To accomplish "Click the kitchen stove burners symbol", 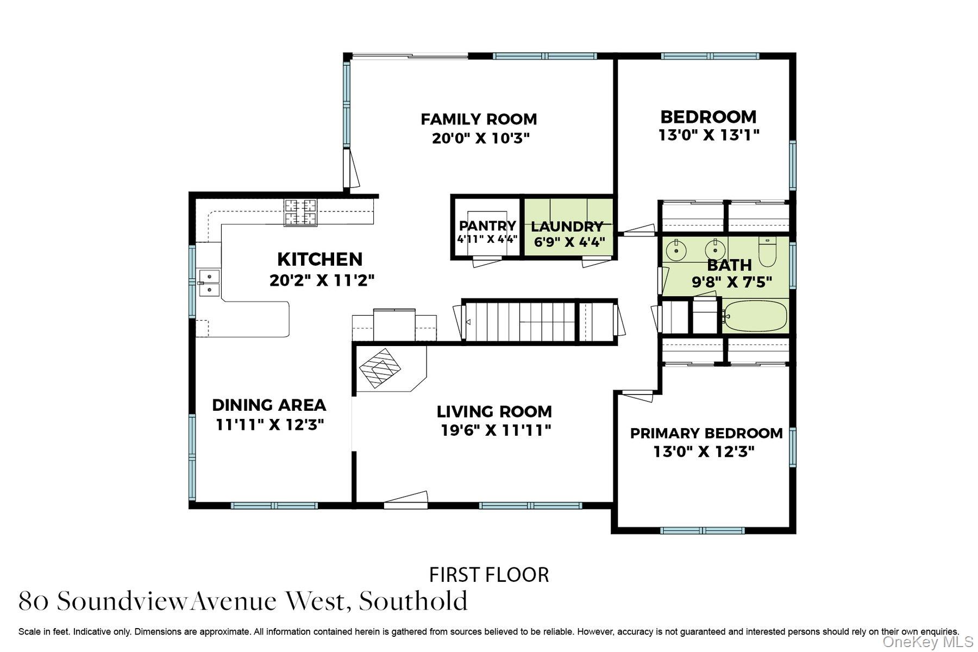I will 300,212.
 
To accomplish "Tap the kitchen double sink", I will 209,283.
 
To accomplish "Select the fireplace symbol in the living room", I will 381,367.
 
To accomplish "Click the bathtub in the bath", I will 756,316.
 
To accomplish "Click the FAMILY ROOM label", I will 479,119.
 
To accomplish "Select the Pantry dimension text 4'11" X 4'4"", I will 487,239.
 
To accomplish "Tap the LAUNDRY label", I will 567,227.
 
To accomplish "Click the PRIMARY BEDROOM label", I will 706,433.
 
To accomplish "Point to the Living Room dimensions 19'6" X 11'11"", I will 496,430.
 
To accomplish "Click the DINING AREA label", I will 269,405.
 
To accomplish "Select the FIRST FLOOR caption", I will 489,574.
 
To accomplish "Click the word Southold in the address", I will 413,601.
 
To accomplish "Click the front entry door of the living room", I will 405,501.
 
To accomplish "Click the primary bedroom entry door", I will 637,395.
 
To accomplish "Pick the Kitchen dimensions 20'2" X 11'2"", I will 322,280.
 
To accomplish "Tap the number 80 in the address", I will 34,601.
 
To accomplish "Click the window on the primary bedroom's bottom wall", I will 702,530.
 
